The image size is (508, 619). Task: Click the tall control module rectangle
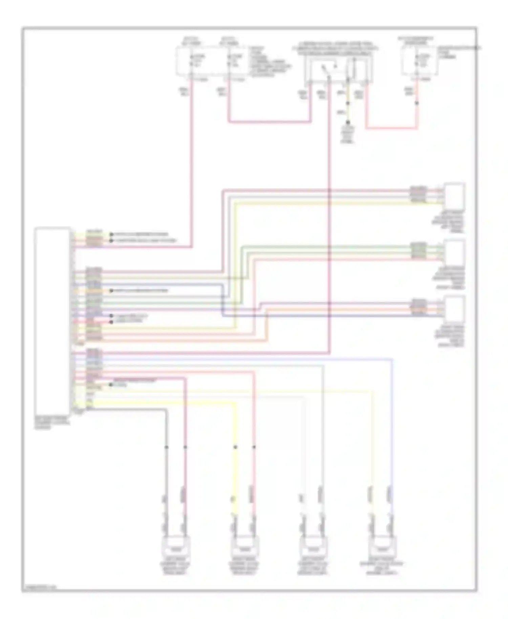[x=52, y=318]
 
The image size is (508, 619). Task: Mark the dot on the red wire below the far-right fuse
[x=417, y=103]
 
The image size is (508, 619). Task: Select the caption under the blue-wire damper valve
[x=382, y=568]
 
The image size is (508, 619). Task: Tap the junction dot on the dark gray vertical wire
[x=166, y=447]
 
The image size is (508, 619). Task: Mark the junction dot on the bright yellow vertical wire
[x=235, y=447]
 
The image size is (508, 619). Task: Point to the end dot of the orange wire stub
[x=111, y=291]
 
